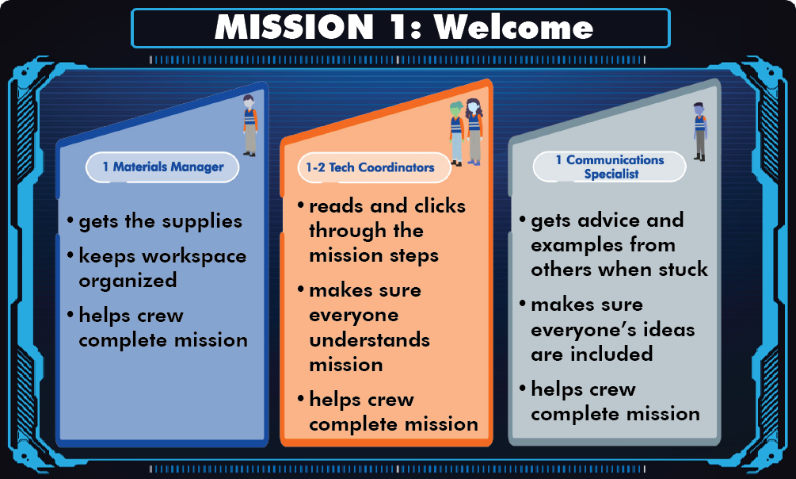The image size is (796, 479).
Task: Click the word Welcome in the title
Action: point(513,27)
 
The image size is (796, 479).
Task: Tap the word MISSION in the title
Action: point(295,27)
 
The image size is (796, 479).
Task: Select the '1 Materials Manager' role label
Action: point(163,167)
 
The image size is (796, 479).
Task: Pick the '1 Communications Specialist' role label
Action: point(610,167)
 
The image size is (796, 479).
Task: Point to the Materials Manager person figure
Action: point(249,125)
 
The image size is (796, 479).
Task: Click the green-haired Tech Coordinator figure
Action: point(456,134)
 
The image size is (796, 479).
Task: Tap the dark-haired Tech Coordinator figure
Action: point(474,132)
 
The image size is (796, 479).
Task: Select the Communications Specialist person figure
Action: point(700,131)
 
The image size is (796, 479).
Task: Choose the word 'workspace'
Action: point(194,257)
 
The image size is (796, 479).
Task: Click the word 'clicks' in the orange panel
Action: point(440,206)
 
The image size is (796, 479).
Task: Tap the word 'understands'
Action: point(370,339)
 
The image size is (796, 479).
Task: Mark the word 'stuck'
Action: point(683,269)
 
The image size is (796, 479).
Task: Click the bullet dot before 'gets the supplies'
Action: point(70,220)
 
